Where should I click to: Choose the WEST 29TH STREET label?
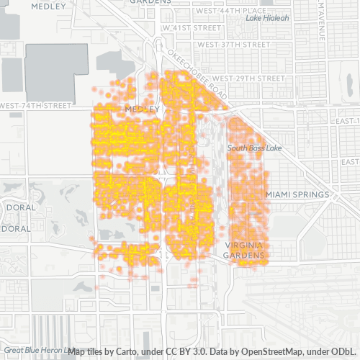(x=248, y=78)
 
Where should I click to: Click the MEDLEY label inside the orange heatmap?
(x=140, y=109)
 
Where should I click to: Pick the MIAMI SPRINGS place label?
(x=297, y=195)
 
